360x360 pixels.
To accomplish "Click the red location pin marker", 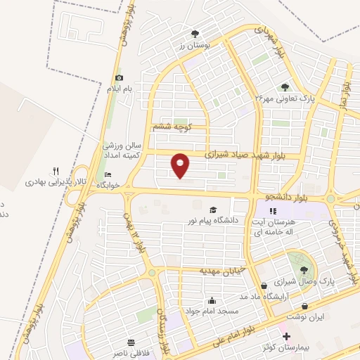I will click(181, 166).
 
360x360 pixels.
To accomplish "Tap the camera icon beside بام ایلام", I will click(119, 77).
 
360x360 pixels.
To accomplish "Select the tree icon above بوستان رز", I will click(195, 33).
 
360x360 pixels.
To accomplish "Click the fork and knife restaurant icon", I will click(56, 171).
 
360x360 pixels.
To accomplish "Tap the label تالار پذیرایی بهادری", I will click(56, 182).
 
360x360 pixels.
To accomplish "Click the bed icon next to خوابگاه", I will click(107, 174).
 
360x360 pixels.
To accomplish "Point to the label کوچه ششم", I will click(172, 127).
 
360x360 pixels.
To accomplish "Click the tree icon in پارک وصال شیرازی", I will click(304, 269).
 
